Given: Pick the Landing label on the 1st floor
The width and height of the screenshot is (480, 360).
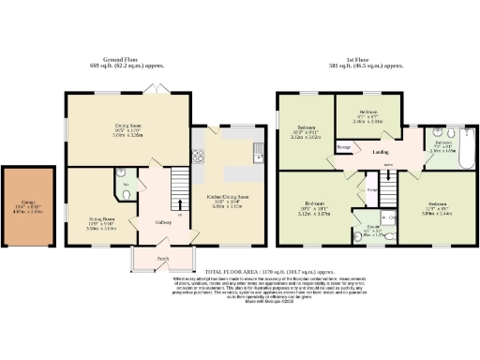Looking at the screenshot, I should point(382,152).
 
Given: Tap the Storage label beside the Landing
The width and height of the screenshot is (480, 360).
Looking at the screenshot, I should point(344,147).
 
